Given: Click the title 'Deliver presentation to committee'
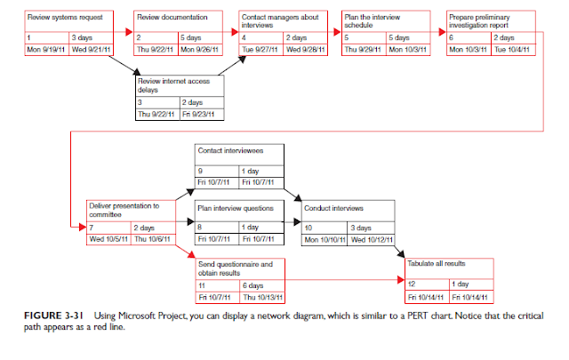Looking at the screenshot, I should pos(124,210).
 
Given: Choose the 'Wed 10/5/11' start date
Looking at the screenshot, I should pos(109,238).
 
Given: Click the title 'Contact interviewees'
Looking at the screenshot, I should pos(229,151).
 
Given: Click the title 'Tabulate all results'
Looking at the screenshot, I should pos(437,265).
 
